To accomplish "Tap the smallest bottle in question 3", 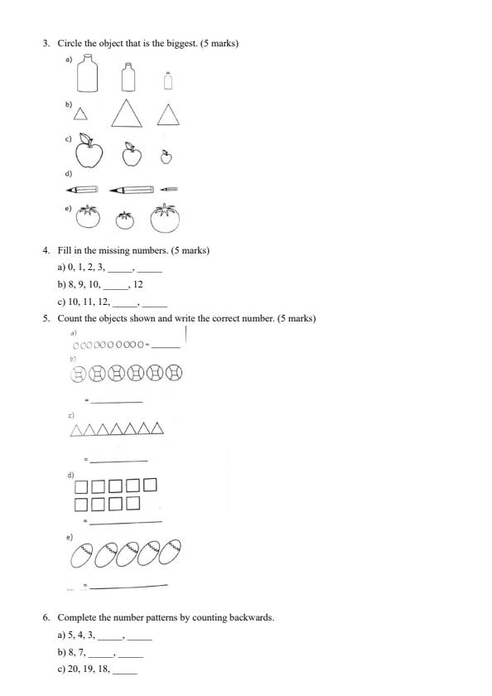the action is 168,81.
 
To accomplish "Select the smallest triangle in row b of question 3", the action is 80,115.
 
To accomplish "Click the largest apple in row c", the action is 89,152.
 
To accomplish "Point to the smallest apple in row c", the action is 166,156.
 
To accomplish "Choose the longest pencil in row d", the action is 131,190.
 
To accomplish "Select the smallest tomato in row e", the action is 125,220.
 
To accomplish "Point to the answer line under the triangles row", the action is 118,461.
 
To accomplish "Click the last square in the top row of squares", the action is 149,485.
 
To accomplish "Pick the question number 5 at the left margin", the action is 46,318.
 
